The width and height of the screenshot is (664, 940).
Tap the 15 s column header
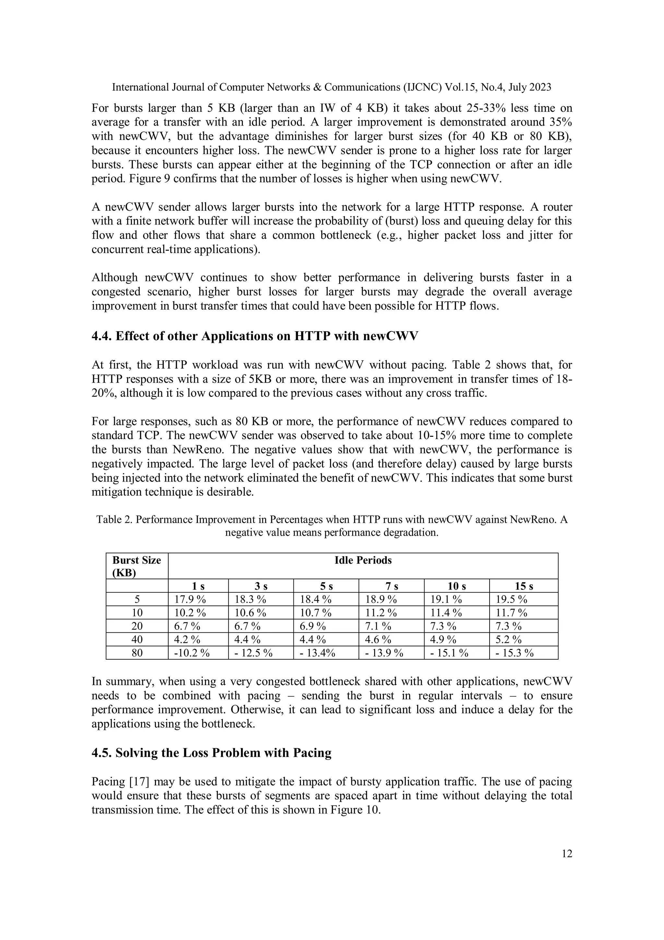pos(524,586)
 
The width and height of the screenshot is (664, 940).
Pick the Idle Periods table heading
pos(363,560)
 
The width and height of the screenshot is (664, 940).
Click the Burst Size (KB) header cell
pos(136,566)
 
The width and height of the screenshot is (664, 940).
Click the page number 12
pos(567,853)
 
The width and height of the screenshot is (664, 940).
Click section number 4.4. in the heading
pos(101,336)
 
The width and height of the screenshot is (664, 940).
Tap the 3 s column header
pos(261,586)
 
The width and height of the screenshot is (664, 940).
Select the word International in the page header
pos(140,87)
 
